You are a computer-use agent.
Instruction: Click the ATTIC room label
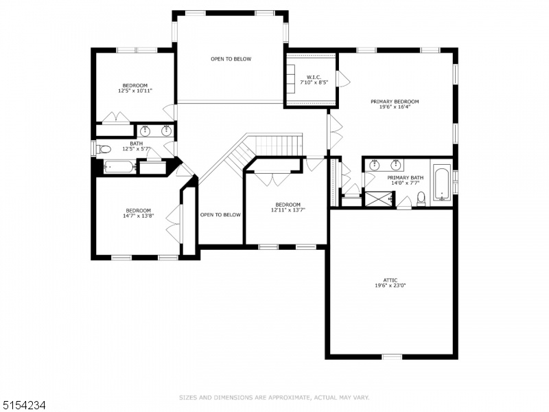pyautogui.click(x=390, y=280)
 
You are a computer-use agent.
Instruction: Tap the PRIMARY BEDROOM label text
pyautogui.click(x=395, y=102)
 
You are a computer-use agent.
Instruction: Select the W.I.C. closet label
pyautogui.click(x=314, y=77)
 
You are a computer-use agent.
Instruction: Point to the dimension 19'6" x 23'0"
pyautogui.click(x=390, y=286)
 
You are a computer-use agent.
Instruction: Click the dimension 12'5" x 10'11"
pyautogui.click(x=135, y=91)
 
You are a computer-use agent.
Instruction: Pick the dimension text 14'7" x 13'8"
pyautogui.click(x=139, y=216)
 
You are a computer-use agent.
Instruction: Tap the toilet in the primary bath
pyautogui.click(x=421, y=198)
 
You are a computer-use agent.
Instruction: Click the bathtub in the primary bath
pyautogui.click(x=442, y=185)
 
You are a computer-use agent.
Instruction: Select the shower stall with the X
pyautogui.click(x=379, y=199)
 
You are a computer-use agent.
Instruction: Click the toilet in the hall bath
pyautogui.click(x=104, y=150)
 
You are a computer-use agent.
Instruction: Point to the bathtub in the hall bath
pyautogui.click(x=119, y=167)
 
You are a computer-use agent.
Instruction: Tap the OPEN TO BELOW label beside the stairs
pyautogui.click(x=220, y=215)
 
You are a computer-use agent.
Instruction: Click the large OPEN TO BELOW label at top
pyautogui.click(x=231, y=59)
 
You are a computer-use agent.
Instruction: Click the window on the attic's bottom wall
pyautogui.click(x=392, y=357)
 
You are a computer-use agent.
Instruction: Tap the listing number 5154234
pyautogui.click(x=23, y=406)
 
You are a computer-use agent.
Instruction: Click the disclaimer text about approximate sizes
pyautogui.click(x=274, y=398)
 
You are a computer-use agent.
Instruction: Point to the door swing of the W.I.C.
pyautogui.click(x=344, y=80)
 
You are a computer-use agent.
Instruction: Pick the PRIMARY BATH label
pyautogui.click(x=406, y=178)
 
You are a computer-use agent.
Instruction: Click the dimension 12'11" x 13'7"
pyautogui.click(x=288, y=210)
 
